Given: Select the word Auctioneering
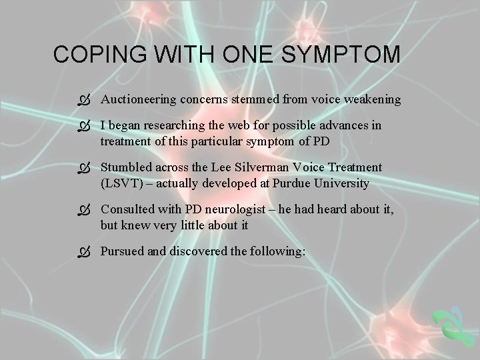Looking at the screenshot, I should (x=137, y=99).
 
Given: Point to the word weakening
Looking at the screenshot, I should (x=373, y=99).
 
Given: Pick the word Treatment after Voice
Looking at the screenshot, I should (x=358, y=167).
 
